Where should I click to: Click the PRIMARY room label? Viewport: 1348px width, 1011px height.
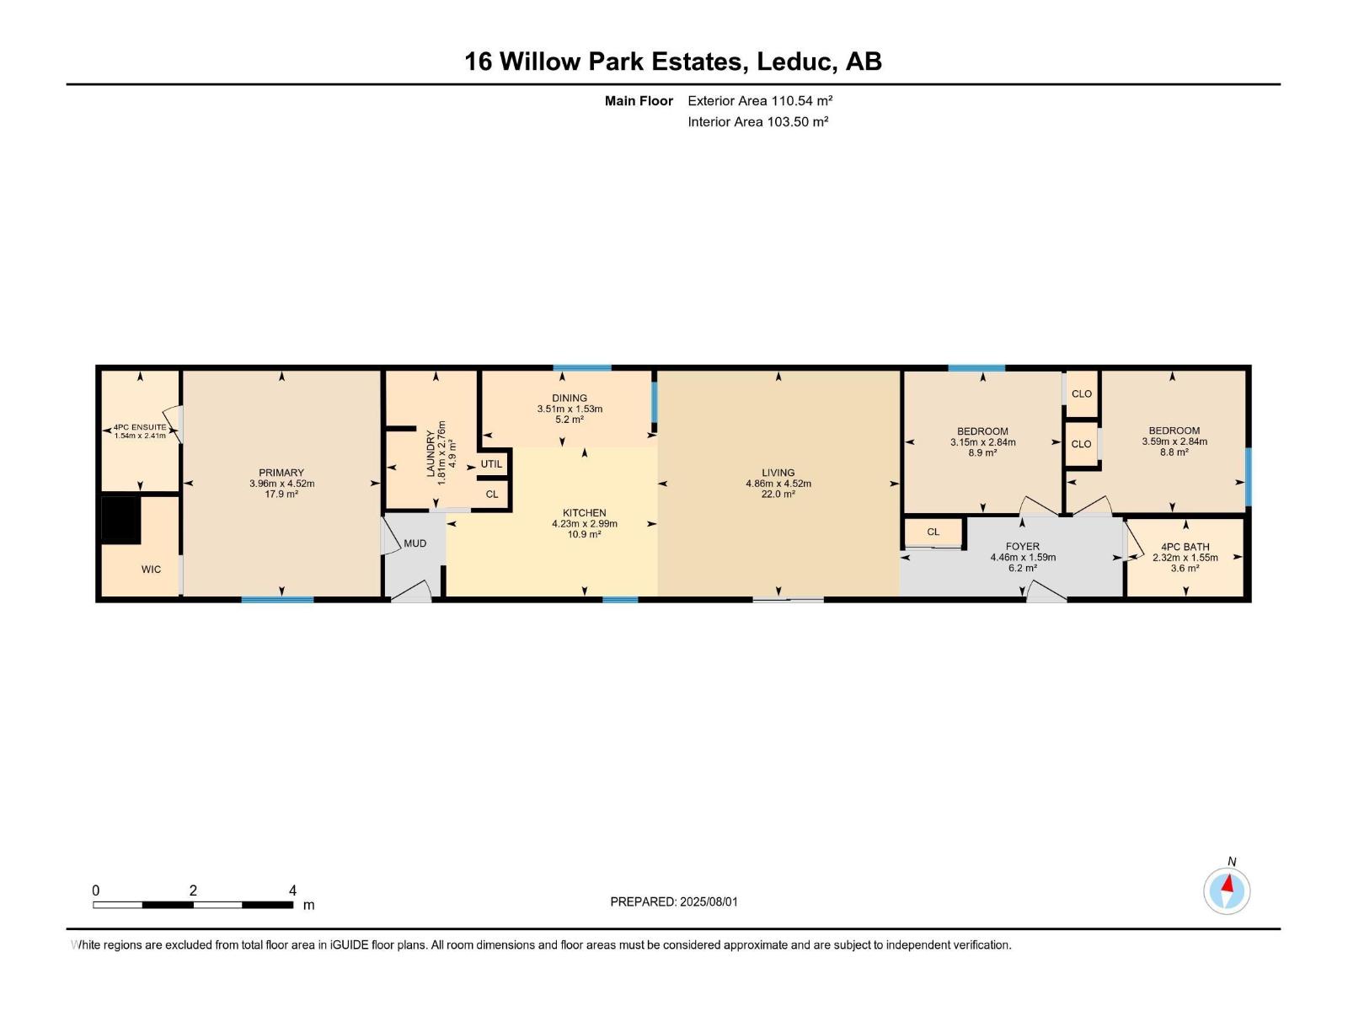pyautogui.click(x=281, y=473)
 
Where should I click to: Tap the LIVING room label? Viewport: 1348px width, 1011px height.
pyautogui.click(x=778, y=473)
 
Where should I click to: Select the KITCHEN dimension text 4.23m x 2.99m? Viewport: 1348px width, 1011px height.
pyautogui.click(x=585, y=524)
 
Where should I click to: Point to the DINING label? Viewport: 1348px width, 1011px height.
pyautogui.click(x=570, y=398)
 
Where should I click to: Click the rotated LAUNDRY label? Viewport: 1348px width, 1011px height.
pyautogui.click(x=431, y=454)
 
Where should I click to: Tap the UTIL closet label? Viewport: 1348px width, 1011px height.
pyautogui.click(x=491, y=464)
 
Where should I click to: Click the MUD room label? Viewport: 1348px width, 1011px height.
pyautogui.click(x=415, y=543)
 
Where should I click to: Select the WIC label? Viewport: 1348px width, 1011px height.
pyautogui.click(x=151, y=570)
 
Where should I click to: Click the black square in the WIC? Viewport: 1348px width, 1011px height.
pyautogui.click(x=120, y=520)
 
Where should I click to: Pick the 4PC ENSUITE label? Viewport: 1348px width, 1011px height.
pyautogui.click(x=140, y=427)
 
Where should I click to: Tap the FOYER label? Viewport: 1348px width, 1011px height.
pyautogui.click(x=1022, y=547)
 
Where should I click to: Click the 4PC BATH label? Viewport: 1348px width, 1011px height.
pyautogui.click(x=1185, y=547)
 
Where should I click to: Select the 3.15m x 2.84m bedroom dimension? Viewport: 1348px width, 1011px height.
pyautogui.click(x=982, y=442)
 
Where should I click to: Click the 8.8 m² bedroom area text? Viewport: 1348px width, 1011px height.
pyautogui.click(x=1174, y=452)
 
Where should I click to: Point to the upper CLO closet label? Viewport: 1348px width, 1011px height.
pyautogui.click(x=1082, y=393)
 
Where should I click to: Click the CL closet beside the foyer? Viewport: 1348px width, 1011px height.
pyautogui.click(x=933, y=532)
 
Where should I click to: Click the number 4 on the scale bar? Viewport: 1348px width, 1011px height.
pyautogui.click(x=292, y=891)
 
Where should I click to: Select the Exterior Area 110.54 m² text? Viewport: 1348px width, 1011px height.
pyautogui.click(x=759, y=100)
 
